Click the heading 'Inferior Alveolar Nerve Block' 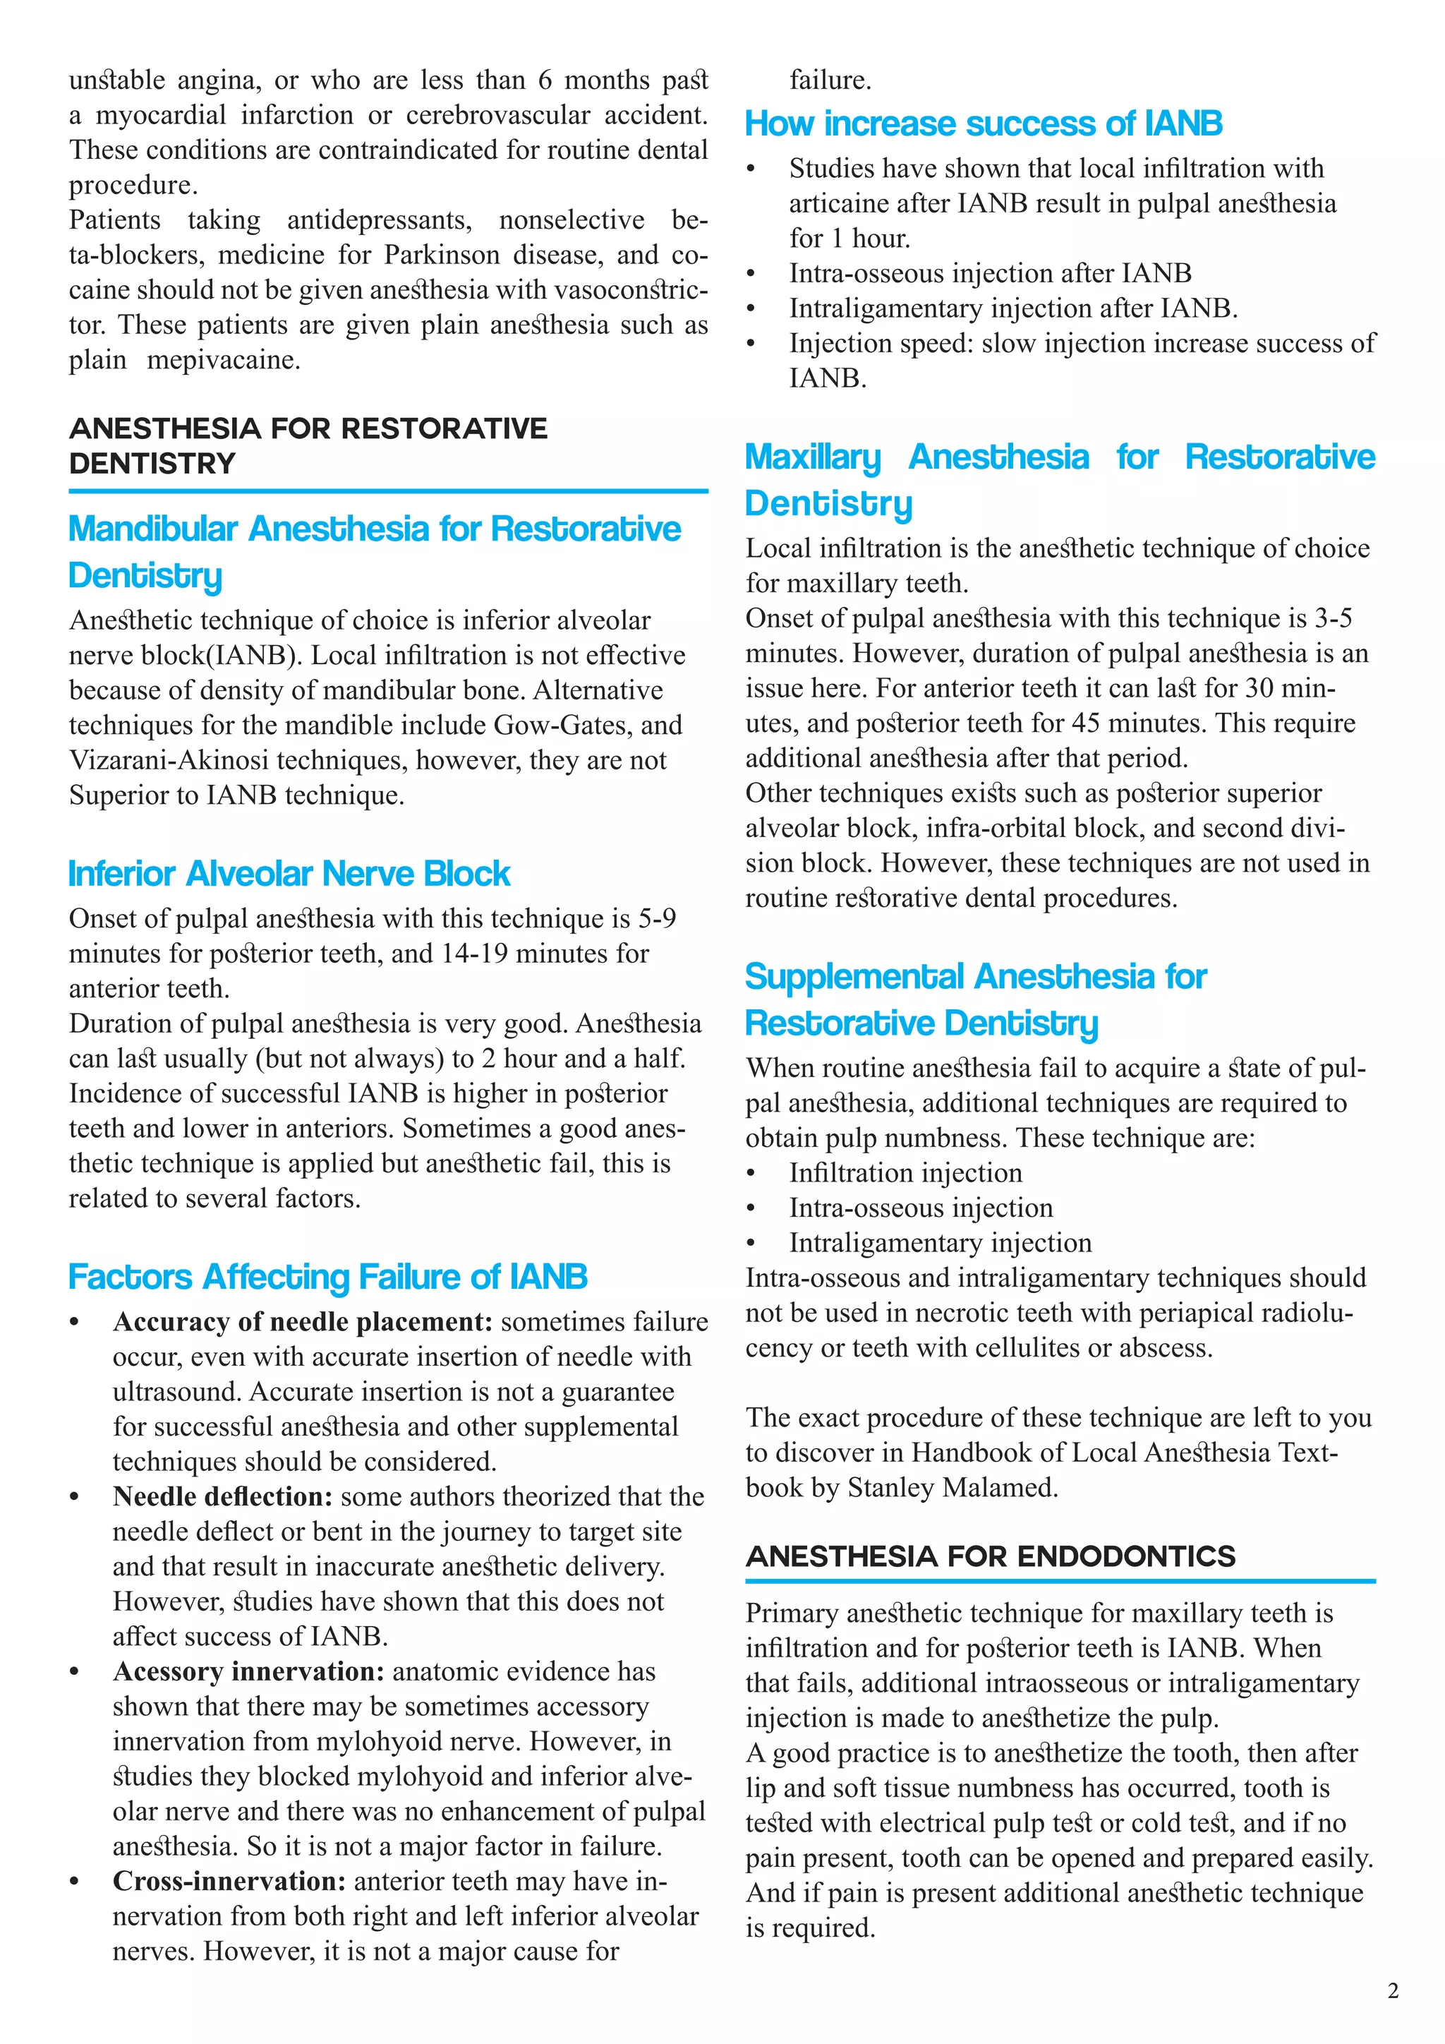(x=289, y=874)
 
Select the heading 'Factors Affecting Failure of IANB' (x=327, y=1277)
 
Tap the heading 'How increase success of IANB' (x=983, y=124)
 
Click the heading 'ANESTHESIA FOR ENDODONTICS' (x=991, y=1556)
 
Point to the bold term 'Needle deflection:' (x=222, y=1496)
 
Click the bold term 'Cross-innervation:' (x=229, y=1881)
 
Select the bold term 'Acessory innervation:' (x=248, y=1671)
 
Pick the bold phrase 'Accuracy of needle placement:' (x=303, y=1322)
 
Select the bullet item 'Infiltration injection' (x=905, y=1172)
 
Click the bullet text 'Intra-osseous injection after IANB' (x=989, y=273)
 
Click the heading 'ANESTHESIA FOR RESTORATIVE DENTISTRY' (x=308, y=446)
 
